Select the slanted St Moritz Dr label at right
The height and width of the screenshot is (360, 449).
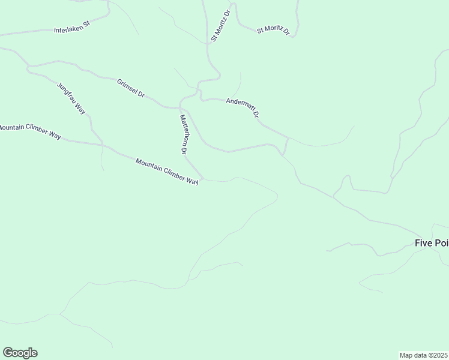point(273,30)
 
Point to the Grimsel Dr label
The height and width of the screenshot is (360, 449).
point(131,88)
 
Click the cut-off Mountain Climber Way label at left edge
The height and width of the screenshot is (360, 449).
point(30,131)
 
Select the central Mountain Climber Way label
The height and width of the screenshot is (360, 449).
point(167,172)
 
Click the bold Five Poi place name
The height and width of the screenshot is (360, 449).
point(432,243)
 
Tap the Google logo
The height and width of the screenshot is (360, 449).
point(20,353)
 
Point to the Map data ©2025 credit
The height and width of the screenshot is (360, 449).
point(423,355)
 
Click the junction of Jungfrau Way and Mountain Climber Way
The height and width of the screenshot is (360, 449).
point(102,145)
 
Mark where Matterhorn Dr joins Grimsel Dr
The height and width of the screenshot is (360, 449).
point(180,109)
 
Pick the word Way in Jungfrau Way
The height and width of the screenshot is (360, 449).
point(80,110)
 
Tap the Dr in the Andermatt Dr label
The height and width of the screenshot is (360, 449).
point(256,113)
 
